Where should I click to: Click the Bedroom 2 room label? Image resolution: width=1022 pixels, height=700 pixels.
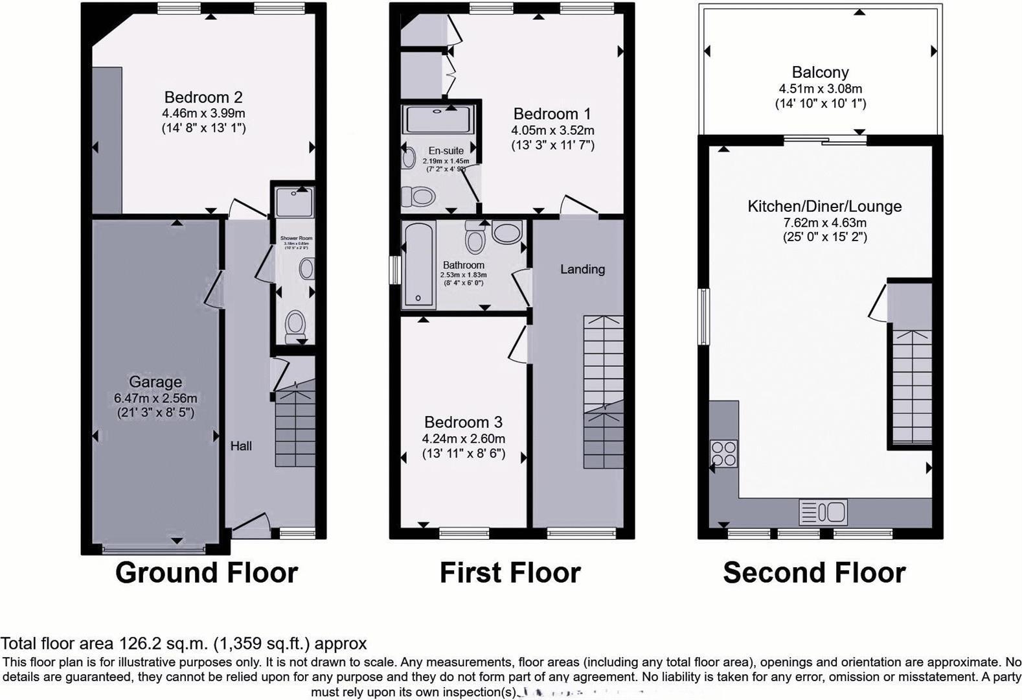[203, 97]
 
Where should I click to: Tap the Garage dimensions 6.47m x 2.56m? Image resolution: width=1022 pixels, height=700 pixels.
[155, 398]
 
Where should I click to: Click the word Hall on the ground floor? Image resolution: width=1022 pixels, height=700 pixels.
[241, 446]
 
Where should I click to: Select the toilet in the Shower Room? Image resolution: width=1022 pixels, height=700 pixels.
[295, 323]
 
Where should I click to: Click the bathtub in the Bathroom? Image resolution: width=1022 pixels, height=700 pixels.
[418, 265]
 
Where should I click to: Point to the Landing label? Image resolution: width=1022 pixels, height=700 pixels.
[582, 269]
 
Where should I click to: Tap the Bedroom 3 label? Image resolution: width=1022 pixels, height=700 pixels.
[463, 422]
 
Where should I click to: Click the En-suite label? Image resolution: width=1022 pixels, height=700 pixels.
[446, 150]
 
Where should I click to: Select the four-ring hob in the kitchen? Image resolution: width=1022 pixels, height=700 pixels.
[723, 453]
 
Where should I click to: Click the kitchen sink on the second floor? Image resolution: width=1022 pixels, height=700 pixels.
[823, 512]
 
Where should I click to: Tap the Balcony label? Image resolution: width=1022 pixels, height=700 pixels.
[820, 72]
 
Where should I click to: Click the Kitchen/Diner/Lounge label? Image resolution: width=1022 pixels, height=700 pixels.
[824, 206]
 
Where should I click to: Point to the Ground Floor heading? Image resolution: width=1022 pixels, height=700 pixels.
[206, 573]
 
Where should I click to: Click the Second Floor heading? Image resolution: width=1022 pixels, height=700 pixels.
[814, 573]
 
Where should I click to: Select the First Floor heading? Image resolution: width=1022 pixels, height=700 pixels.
[510, 573]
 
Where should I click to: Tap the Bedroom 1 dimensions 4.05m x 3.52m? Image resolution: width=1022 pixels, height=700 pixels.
[552, 130]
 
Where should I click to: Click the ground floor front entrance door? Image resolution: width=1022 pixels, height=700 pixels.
[251, 524]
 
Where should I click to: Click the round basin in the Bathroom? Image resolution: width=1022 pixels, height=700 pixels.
[506, 231]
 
